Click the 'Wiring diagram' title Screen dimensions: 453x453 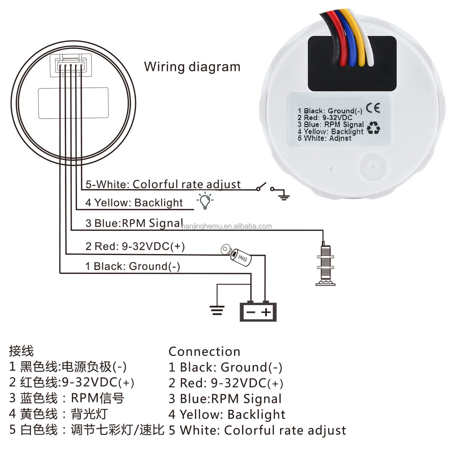[x=192, y=67]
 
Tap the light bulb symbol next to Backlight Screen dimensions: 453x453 [x=205, y=201]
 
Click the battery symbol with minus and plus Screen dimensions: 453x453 [x=258, y=312]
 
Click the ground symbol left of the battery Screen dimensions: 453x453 [x=217, y=310]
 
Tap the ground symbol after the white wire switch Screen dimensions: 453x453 [x=283, y=196]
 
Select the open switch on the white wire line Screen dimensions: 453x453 [x=265, y=187]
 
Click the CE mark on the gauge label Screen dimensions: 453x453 [x=373, y=108]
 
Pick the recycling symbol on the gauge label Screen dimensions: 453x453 [x=373, y=128]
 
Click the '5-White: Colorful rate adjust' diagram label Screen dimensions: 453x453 [x=163, y=184]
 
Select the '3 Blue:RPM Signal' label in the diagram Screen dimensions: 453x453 [x=134, y=223]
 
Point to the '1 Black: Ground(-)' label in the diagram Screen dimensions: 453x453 [x=133, y=266]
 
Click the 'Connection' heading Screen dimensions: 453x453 [x=204, y=352]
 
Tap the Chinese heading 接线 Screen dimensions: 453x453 [x=21, y=351]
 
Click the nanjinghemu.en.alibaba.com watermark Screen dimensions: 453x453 [x=226, y=226]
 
